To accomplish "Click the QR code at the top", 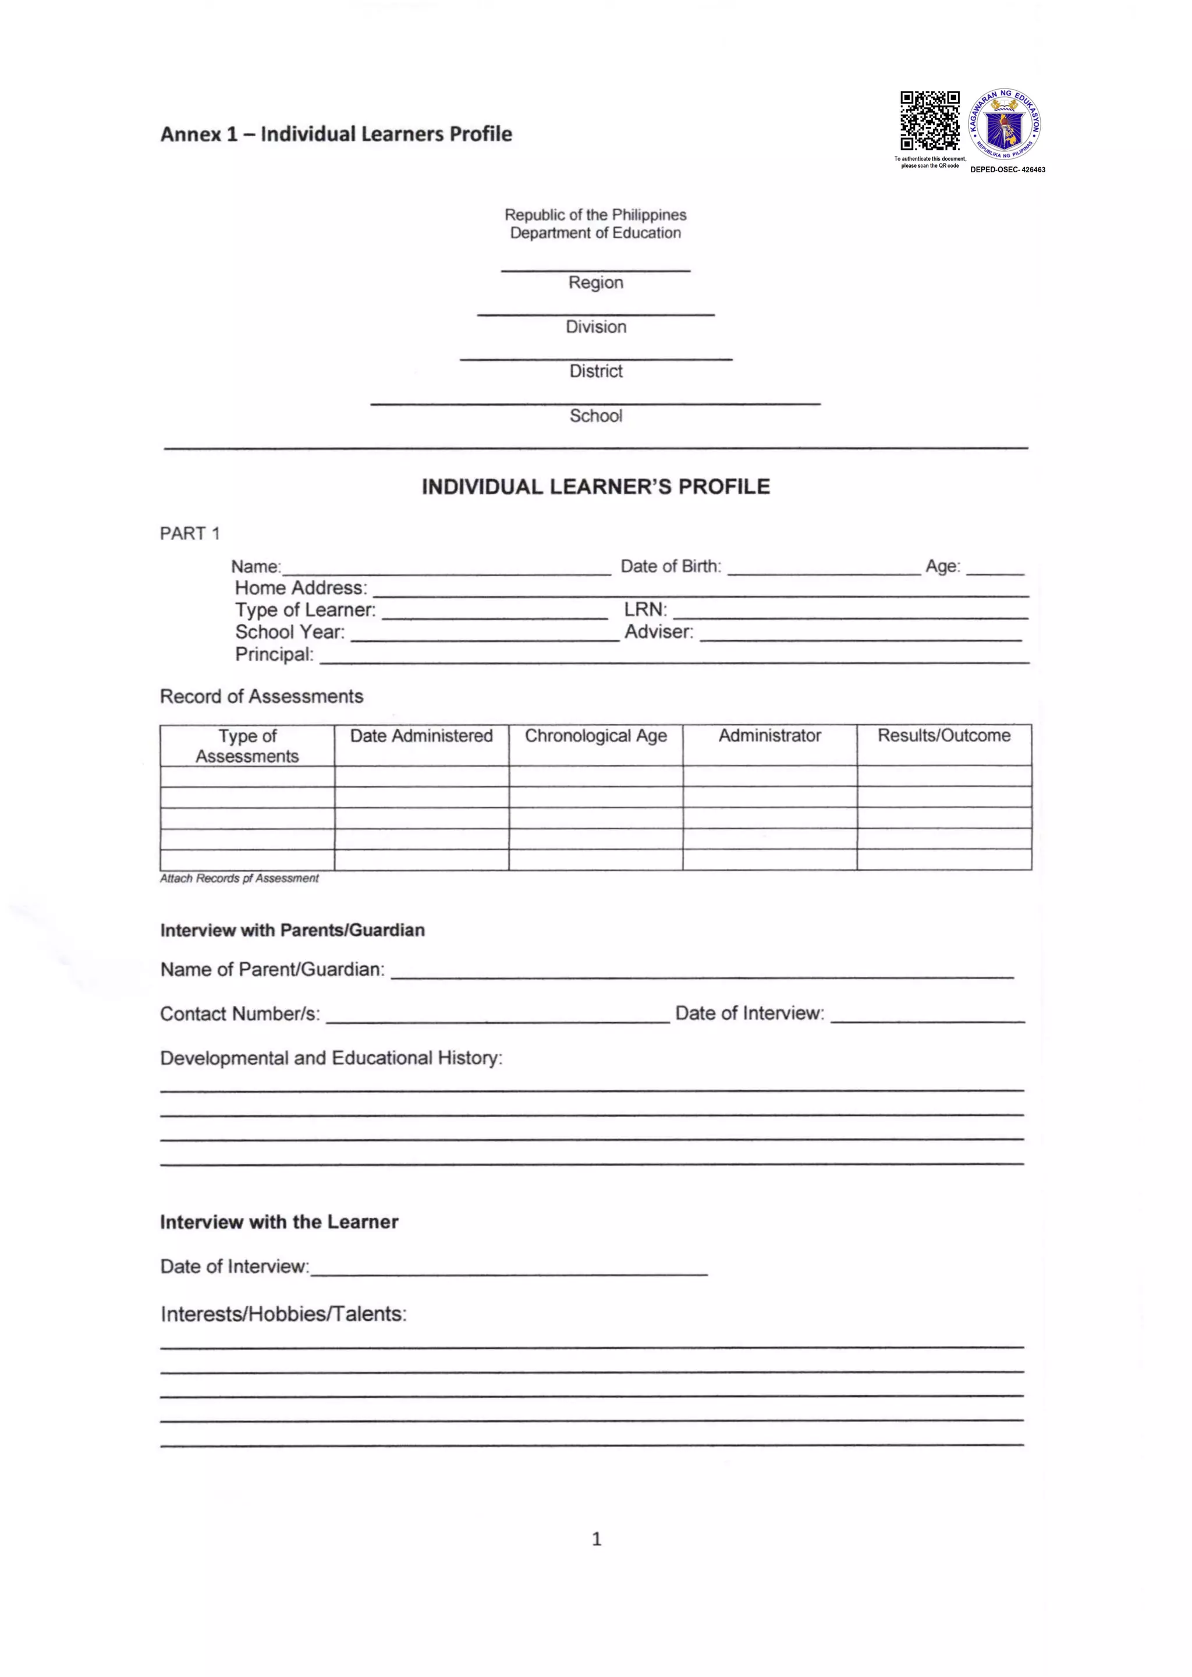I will tap(930, 120).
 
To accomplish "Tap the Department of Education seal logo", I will tap(1004, 124).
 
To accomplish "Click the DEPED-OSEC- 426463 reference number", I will tap(1007, 169).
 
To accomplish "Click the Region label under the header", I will tap(595, 282).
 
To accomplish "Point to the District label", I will tap(595, 371).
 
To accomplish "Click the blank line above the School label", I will tap(595, 402).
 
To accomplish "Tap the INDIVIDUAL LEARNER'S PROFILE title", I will tap(595, 487).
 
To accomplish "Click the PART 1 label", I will tap(189, 534).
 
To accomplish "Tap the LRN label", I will tap(645, 610).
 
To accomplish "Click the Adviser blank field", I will tap(860, 636).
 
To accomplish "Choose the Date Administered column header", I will tap(421, 736).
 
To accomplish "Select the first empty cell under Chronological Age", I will tap(595, 777).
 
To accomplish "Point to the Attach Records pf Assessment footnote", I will tap(239, 878).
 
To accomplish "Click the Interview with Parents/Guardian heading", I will tap(292, 931).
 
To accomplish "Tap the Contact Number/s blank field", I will tap(498, 1016).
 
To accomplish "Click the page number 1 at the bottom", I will tap(596, 1539).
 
